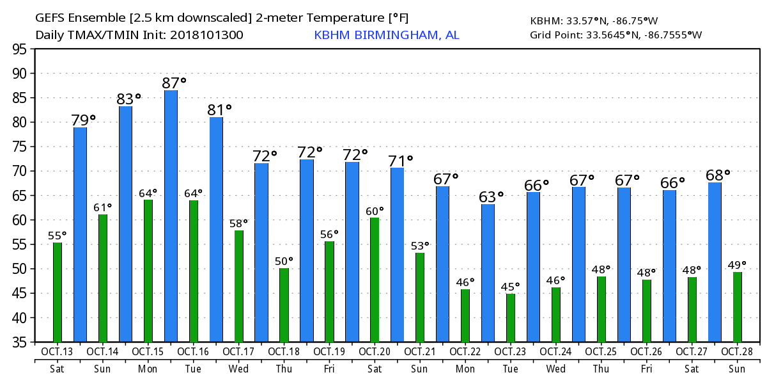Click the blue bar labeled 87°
pos(171,216)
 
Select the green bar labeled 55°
pos(58,292)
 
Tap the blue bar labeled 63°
pos(488,273)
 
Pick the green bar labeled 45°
pos(511,317)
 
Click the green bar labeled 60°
pos(375,280)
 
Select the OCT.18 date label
pos(284,351)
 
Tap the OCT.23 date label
pos(511,351)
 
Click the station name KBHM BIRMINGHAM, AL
pos(386,35)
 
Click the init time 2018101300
pos(206,35)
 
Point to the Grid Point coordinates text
pos(616,35)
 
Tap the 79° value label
pos(83,120)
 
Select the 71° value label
pos(401,160)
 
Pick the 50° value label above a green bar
pos(284,261)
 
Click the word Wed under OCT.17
pos(238,369)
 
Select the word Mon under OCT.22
pos(465,369)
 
